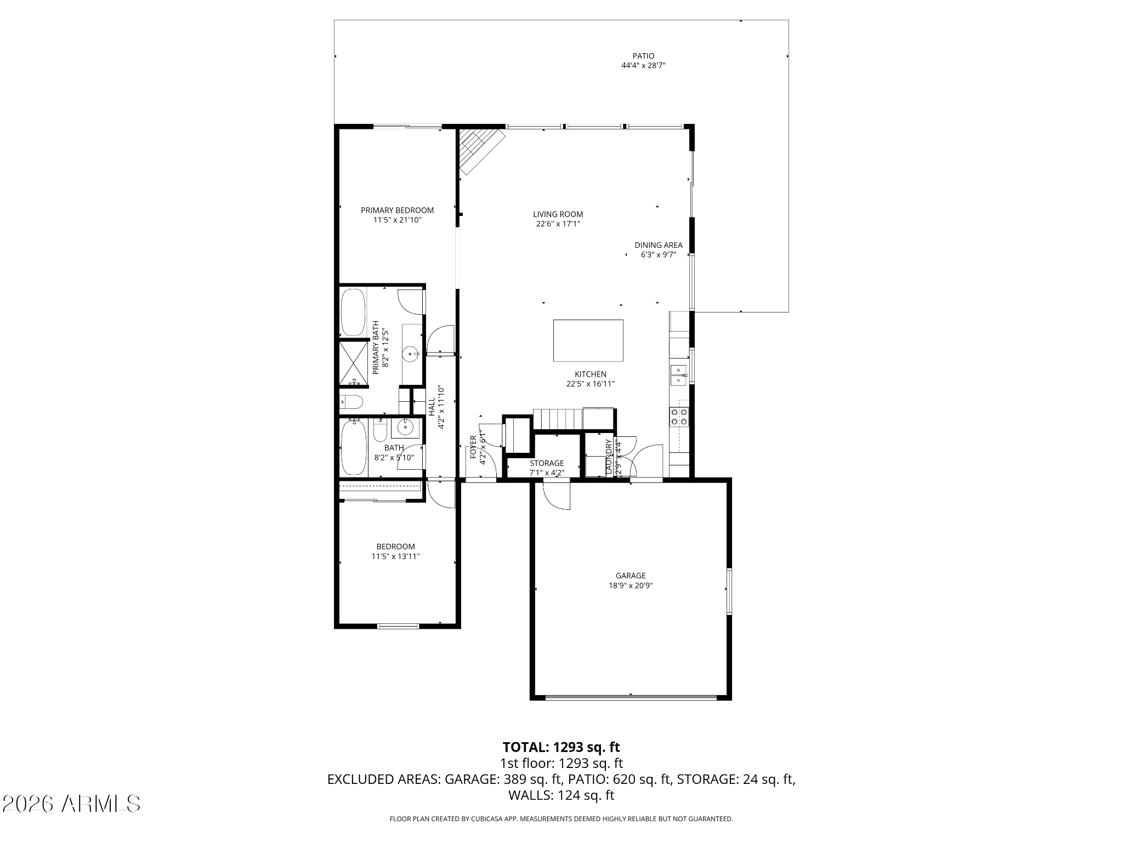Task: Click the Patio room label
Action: click(x=643, y=56)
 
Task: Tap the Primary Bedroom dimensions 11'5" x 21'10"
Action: click(x=397, y=220)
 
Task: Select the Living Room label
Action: click(x=558, y=214)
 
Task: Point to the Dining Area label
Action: click(x=659, y=245)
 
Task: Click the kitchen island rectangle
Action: click(x=588, y=340)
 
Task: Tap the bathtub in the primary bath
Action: click(x=353, y=312)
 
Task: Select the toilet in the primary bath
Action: click(x=351, y=403)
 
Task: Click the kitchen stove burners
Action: click(x=679, y=417)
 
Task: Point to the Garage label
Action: click(x=631, y=576)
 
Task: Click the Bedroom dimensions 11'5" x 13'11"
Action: click(x=395, y=556)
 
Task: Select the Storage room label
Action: click(x=547, y=463)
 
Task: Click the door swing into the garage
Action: click(x=557, y=496)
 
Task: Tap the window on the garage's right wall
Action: click(x=729, y=591)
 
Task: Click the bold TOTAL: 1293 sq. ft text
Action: click(x=561, y=747)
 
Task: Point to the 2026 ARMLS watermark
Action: click(x=71, y=804)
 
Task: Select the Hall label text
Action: click(x=432, y=406)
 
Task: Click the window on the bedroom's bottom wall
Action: click(x=398, y=625)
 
